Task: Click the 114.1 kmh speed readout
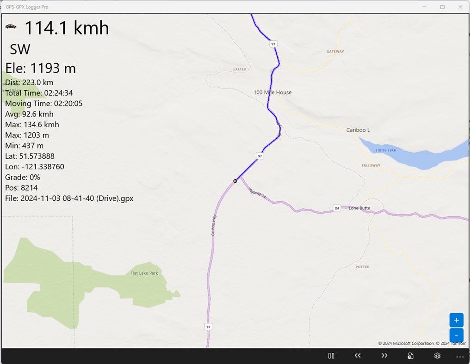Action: point(66,28)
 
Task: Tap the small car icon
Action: point(11,26)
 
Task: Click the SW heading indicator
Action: point(20,49)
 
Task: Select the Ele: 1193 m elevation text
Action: point(41,68)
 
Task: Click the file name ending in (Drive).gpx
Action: point(69,198)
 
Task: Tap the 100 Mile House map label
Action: point(272,93)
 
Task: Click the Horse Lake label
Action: point(385,150)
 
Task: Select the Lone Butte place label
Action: point(359,208)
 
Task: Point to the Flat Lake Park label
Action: point(144,273)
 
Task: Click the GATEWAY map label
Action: point(335,51)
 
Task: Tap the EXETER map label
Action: point(240,69)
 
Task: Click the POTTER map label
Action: point(362,267)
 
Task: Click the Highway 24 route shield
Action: point(337,209)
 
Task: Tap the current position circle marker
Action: point(235,181)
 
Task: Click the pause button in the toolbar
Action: point(331,356)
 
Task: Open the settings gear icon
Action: point(437,356)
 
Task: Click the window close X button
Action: point(460,7)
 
